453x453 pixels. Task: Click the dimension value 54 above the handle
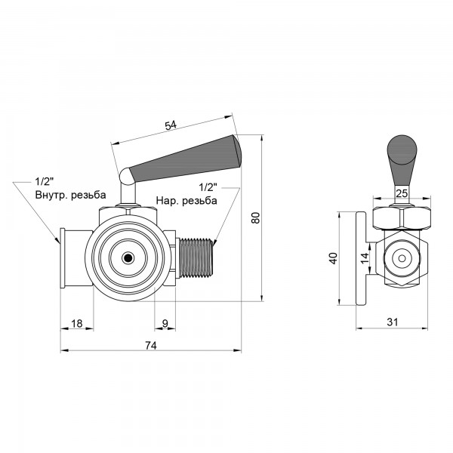coord(170,125)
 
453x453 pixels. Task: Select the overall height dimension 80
coord(256,218)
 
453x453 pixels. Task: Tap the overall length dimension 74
coord(151,345)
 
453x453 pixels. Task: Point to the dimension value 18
coord(77,324)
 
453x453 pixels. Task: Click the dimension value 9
coord(165,324)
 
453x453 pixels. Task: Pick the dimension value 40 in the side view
coord(333,258)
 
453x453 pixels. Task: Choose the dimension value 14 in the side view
coord(365,257)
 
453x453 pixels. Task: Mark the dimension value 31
coord(393,322)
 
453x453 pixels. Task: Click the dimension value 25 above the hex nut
coord(402,193)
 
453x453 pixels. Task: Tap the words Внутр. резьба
coord(70,195)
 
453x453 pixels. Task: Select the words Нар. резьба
coord(186,200)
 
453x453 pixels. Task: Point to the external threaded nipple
coord(196,257)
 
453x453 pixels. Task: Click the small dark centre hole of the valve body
coord(128,257)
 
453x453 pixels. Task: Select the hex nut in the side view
coord(402,218)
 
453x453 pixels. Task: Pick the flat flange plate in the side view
coord(361,258)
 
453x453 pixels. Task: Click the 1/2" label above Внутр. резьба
coord(45,182)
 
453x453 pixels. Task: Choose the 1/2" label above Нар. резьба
coord(208,187)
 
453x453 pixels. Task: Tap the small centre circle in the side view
coord(402,258)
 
